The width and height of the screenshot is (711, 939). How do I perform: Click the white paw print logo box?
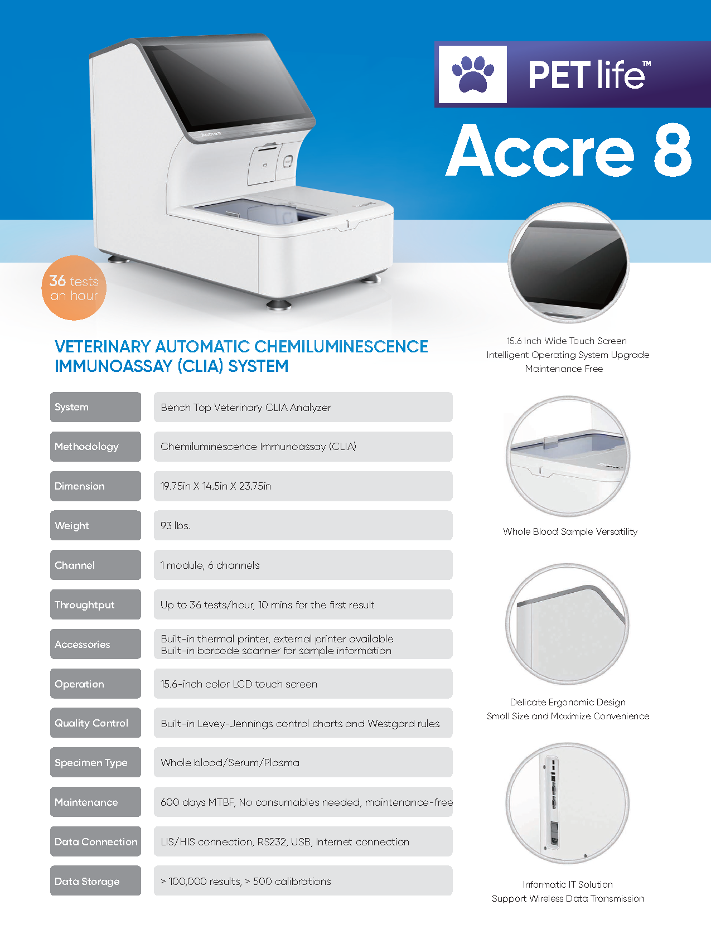point(472,75)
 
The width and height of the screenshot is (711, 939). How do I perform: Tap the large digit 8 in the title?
point(673,150)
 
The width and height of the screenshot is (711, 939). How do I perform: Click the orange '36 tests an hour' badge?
point(74,288)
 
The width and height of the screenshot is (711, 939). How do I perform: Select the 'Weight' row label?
point(95,525)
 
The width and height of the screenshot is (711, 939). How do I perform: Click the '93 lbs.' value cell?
point(303,525)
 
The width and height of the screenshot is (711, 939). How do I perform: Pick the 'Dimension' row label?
point(95,486)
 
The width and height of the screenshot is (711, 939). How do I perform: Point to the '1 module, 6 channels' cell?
point(303,565)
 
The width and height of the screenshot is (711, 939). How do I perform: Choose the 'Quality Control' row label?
point(95,723)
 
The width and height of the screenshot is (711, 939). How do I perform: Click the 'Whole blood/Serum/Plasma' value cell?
point(303,762)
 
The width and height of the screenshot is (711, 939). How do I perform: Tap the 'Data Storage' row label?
point(95,881)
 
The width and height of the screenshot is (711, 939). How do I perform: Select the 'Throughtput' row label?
point(95,604)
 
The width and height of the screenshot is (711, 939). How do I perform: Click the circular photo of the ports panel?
point(568,803)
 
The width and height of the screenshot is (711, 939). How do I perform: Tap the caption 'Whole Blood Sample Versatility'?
point(570,531)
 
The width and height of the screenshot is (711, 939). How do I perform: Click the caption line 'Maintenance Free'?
point(564,369)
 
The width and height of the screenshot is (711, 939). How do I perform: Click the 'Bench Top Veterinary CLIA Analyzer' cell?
point(303,407)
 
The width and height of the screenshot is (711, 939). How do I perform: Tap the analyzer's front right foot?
point(279,304)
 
